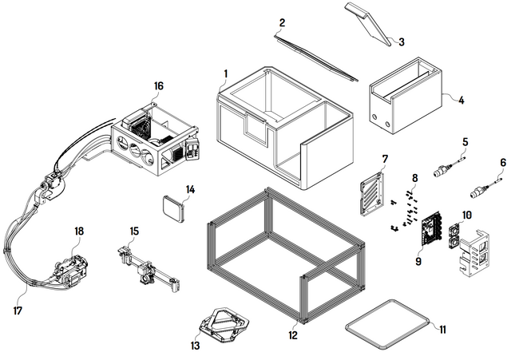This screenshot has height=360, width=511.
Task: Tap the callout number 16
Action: tap(159, 85)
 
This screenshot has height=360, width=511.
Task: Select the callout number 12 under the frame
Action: tap(293, 336)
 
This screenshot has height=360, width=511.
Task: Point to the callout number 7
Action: tap(384, 159)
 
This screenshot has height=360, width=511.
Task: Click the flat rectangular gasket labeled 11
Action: tap(387, 323)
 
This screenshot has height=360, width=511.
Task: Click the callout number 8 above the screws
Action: tap(415, 176)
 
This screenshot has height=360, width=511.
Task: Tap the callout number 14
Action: tap(190, 189)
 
